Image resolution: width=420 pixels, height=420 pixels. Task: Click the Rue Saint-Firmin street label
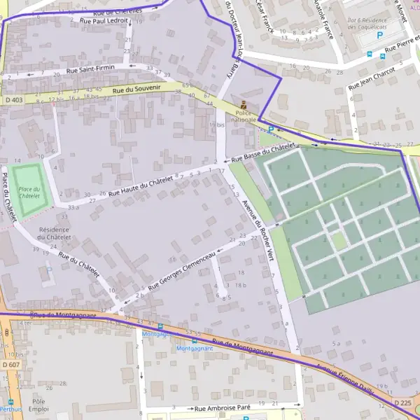coord(90,70)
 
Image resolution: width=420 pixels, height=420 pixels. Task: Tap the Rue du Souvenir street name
coord(136,89)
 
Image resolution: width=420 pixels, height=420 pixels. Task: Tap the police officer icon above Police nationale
coord(244,104)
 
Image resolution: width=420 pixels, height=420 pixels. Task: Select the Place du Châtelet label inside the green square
coord(29,192)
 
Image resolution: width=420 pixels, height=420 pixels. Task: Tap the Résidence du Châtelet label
coord(54,233)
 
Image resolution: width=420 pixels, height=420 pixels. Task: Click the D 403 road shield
coord(13,100)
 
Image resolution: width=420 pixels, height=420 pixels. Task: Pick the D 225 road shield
coord(402,403)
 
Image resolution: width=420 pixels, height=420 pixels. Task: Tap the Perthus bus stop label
coord(10,409)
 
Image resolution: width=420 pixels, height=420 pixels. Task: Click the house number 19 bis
coord(217,125)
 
